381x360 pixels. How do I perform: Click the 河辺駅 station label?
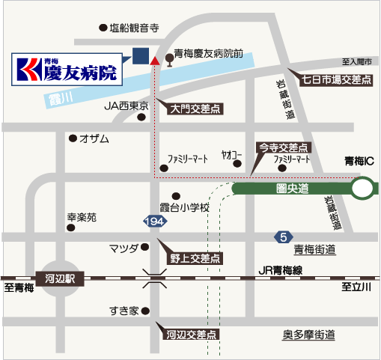pyautogui.click(x=60, y=278)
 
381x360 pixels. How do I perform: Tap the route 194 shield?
pyautogui.click(x=155, y=222)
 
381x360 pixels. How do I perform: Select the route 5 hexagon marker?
pyautogui.click(x=284, y=237)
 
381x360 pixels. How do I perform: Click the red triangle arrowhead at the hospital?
pyautogui.click(x=155, y=61)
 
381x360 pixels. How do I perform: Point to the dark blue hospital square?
pyautogui.click(x=141, y=56)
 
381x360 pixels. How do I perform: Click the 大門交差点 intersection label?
pyautogui.click(x=195, y=109)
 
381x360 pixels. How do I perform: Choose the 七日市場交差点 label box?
pyautogui.click(x=336, y=80)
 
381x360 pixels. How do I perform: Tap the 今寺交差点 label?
pyautogui.click(x=284, y=147)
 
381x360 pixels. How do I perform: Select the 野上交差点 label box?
pyautogui.click(x=195, y=258)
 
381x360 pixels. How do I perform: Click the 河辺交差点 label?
pyautogui.click(x=191, y=335)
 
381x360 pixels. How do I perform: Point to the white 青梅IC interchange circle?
pyautogui.click(x=362, y=188)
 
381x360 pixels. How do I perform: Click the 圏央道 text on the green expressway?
pyautogui.click(x=293, y=189)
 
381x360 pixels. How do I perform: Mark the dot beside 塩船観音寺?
pyautogui.click(x=103, y=28)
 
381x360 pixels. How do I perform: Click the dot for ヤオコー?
pyautogui.click(x=237, y=164)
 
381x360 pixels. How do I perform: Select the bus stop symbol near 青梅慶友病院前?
pyautogui.click(x=170, y=60)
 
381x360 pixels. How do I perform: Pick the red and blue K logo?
pyautogui.click(x=29, y=70)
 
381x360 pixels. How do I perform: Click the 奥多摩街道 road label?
pyautogui.click(x=308, y=335)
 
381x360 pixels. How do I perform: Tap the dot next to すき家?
pyautogui.click(x=145, y=311)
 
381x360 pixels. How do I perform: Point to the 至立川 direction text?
pyautogui.click(x=356, y=287)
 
